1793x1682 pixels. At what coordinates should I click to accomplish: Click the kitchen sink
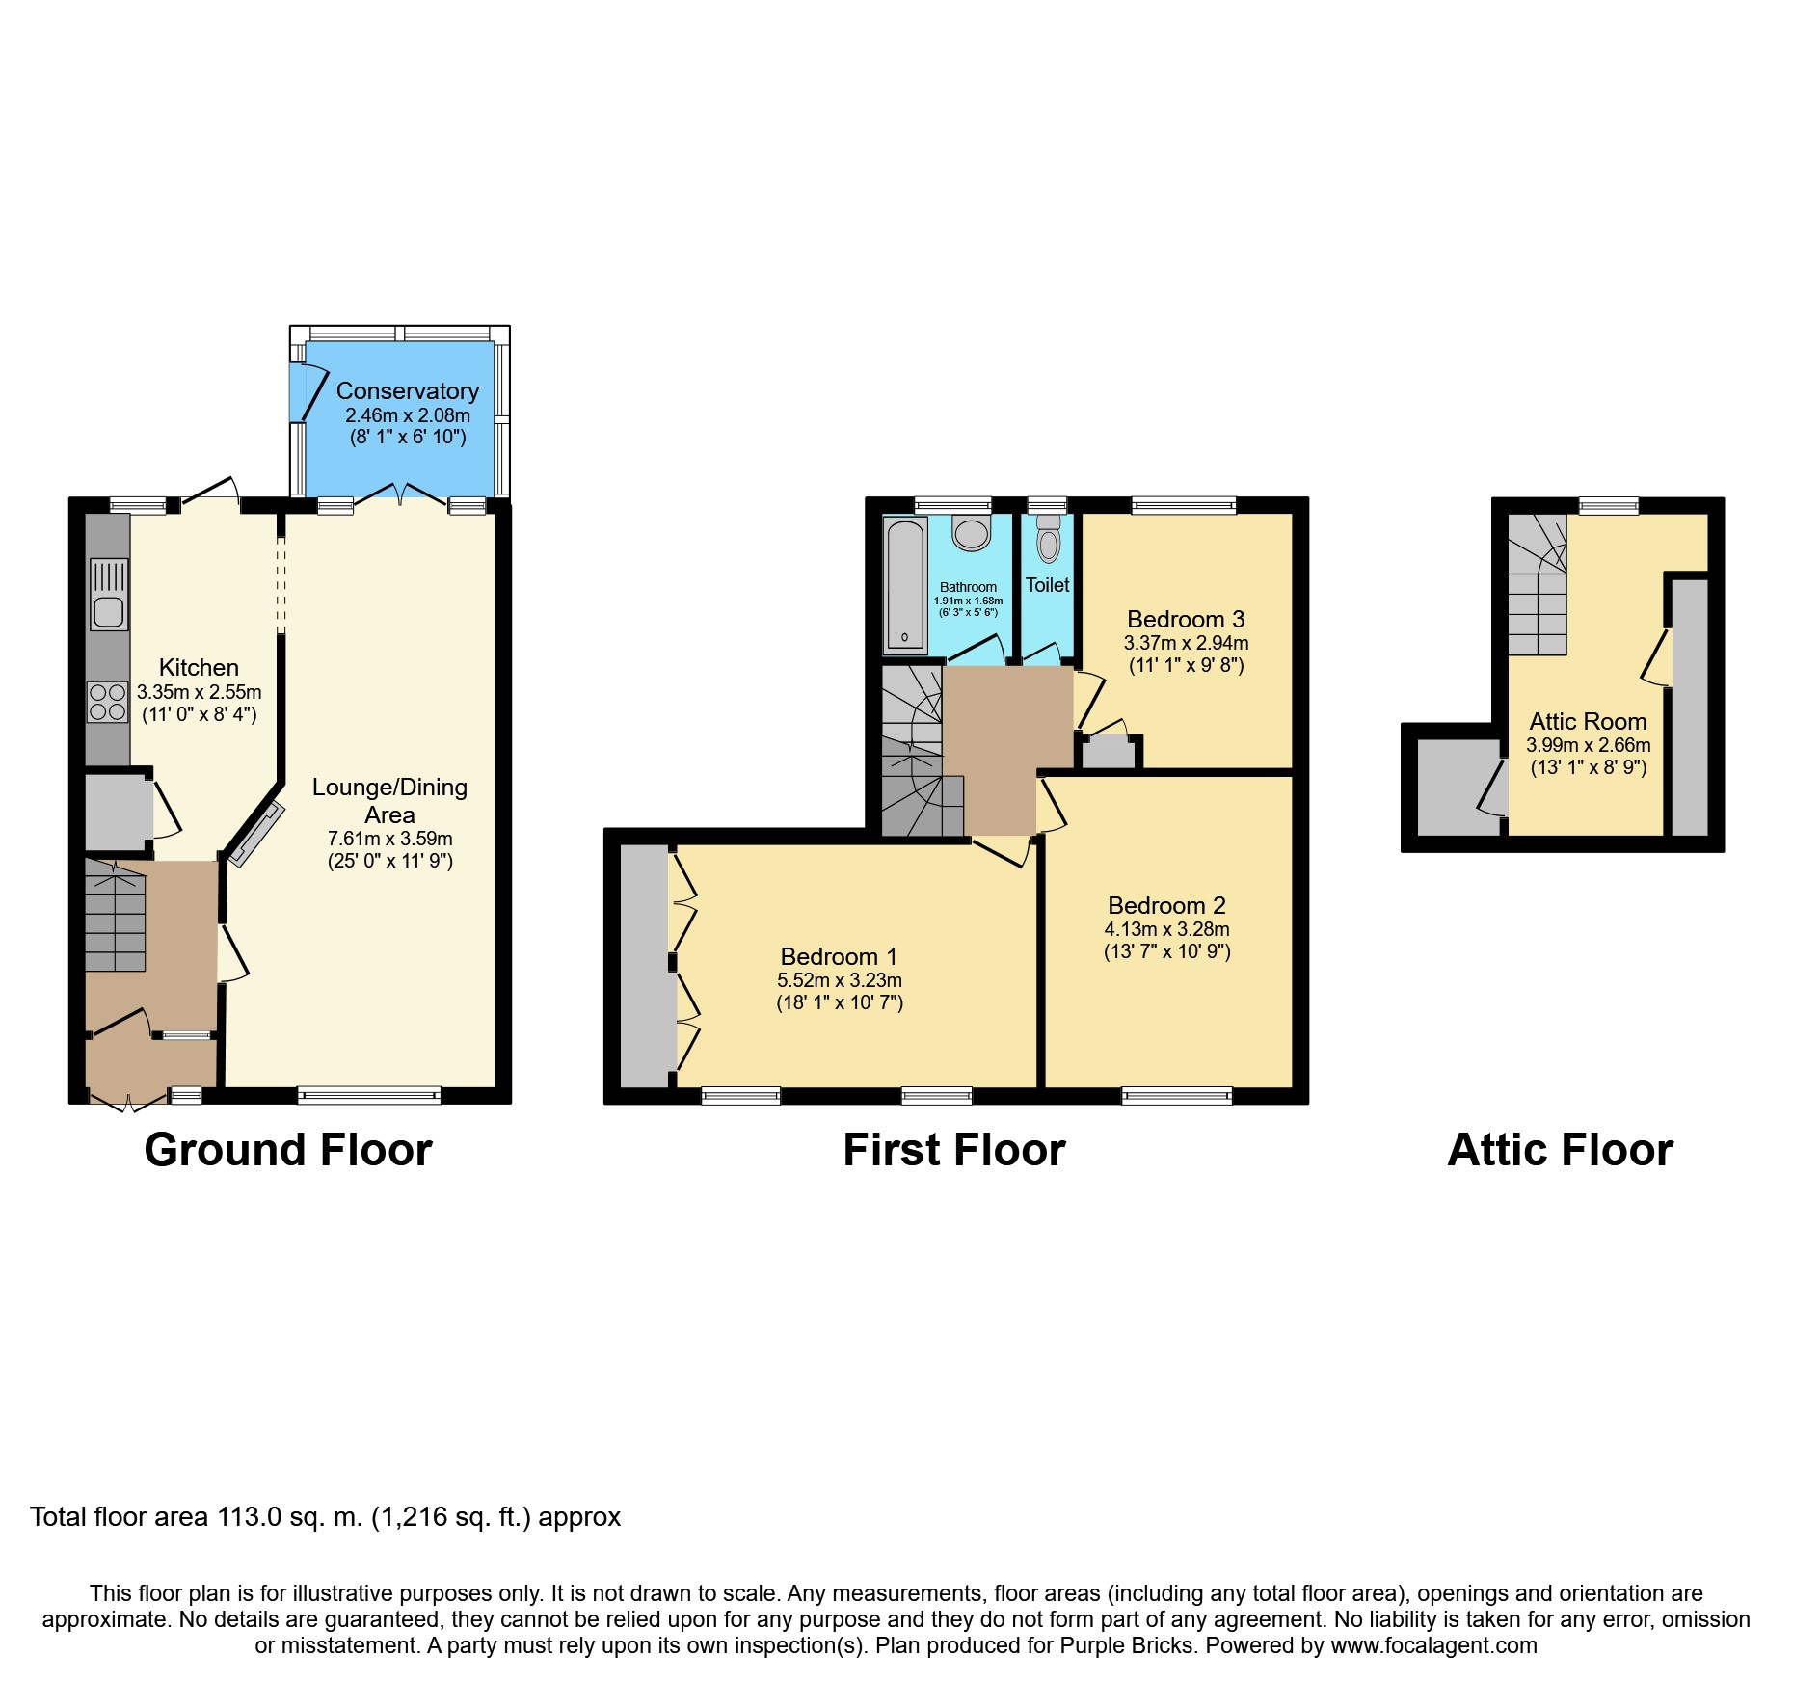click(x=109, y=595)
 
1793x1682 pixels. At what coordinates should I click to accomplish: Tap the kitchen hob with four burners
click(x=108, y=702)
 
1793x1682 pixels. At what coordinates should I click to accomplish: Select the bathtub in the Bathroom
click(x=905, y=585)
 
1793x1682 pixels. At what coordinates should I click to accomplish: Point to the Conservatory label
click(x=408, y=391)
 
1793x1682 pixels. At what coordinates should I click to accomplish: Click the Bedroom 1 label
click(x=839, y=956)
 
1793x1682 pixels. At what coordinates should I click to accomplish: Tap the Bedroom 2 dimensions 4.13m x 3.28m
click(x=1167, y=929)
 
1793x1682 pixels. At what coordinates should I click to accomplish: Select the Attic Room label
click(x=1588, y=721)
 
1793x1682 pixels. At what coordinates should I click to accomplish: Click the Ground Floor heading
click(x=288, y=1150)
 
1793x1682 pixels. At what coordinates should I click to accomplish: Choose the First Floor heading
click(x=954, y=1150)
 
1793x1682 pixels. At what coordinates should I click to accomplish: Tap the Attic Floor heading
click(x=1561, y=1150)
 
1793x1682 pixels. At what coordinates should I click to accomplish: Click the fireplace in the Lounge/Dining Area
click(x=255, y=834)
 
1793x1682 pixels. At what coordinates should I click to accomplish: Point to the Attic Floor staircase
click(x=1538, y=584)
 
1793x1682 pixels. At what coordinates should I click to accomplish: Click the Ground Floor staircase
click(x=115, y=916)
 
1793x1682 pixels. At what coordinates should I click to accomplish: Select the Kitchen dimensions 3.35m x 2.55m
click(x=200, y=692)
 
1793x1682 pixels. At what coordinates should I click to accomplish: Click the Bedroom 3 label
click(x=1186, y=619)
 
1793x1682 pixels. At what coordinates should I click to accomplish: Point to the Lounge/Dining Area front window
click(x=369, y=1095)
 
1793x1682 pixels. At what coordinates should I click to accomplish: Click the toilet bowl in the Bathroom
click(x=972, y=533)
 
